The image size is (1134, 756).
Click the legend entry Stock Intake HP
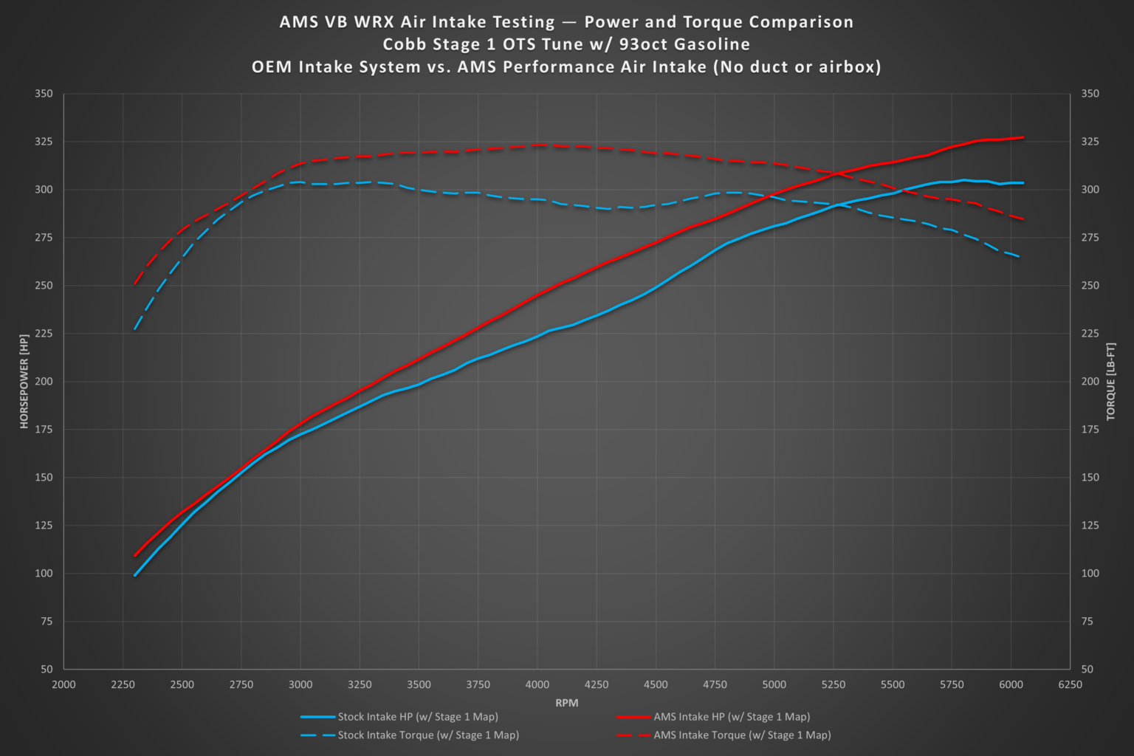tap(417, 717)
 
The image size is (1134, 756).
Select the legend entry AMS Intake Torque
tap(741, 735)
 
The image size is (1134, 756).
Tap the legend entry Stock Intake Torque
tap(427, 735)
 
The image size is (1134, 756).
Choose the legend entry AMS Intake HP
tap(731, 717)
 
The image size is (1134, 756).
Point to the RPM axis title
tap(566, 703)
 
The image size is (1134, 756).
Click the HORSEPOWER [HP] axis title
tap(24, 381)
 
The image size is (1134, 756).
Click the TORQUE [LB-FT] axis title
tap(1110, 381)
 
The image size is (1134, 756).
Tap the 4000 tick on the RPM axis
tap(537, 684)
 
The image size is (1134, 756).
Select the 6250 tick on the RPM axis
tap(1070, 684)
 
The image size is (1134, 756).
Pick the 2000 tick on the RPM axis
tap(63, 684)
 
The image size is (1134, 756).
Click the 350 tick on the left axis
tap(44, 94)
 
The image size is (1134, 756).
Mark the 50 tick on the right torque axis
tap(1087, 669)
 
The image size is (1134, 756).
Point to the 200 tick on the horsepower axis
tap(44, 382)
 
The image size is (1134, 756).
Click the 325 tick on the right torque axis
tap(1090, 142)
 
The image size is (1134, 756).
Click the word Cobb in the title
tap(404, 44)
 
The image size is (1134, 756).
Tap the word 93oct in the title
tap(643, 44)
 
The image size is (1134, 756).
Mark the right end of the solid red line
tap(1023, 137)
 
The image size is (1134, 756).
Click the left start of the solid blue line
tap(135, 575)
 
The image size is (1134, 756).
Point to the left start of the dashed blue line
tap(134, 329)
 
